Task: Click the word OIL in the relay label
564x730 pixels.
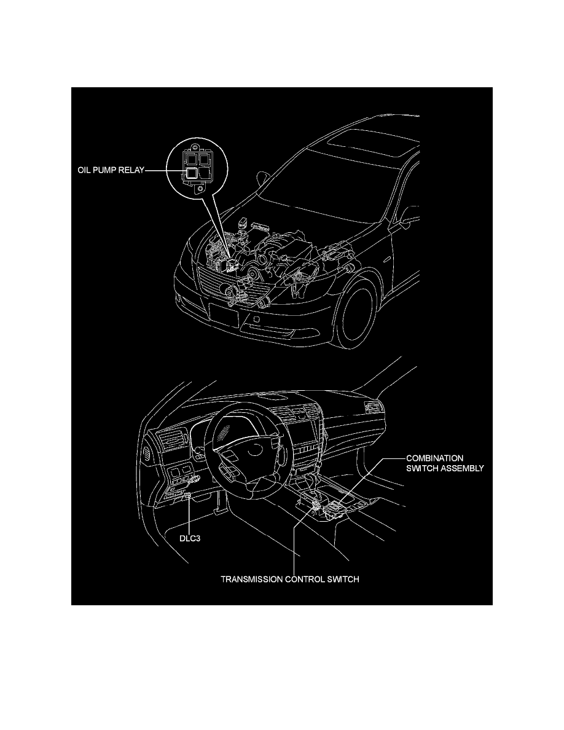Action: click(x=84, y=170)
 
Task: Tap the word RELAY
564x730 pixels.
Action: click(x=131, y=170)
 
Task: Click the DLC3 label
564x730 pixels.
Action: click(x=190, y=539)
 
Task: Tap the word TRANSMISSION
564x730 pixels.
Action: click(x=251, y=579)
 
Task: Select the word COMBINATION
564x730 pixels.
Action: click(x=434, y=458)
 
